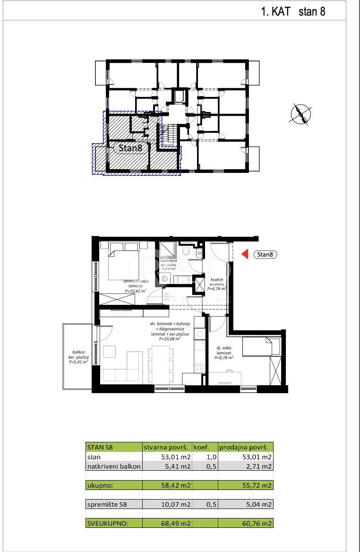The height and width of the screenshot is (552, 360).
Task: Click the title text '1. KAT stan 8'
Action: (293, 12)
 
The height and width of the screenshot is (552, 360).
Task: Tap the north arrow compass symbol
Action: (301, 113)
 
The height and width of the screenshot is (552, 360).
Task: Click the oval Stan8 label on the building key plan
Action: (130, 148)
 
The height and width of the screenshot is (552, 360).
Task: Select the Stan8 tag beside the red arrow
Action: (265, 255)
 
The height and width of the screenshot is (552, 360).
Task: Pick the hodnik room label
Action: (216, 280)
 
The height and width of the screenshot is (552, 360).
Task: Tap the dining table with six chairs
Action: (159, 363)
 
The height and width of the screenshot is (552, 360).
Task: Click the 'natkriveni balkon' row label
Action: (113, 466)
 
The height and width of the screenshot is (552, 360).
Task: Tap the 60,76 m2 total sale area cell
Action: (245, 523)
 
